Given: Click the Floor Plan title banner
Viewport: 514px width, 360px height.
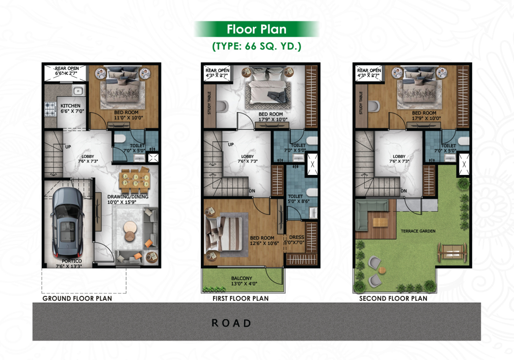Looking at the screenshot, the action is (x=257, y=29).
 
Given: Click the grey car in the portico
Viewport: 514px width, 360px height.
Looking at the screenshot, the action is (x=67, y=223).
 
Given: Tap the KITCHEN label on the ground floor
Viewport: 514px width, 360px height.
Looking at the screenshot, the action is (x=71, y=106).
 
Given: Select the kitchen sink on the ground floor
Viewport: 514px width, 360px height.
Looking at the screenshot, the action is (x=78, y=91).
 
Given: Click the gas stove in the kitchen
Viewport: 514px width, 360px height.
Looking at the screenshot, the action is (x=50, y=109).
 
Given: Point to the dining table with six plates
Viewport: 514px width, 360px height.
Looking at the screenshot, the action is (x=135, y=180).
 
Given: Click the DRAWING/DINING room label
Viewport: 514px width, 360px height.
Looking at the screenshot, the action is (x=128, y=197).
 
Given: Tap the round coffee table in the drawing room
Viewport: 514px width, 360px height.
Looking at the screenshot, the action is (x=130, y=231).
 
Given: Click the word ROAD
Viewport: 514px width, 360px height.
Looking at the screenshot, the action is (x=231, y=323).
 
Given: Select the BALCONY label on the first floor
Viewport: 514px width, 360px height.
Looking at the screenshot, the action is (x=242, y=278).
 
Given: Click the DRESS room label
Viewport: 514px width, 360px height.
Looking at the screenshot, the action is (x=297, y=237).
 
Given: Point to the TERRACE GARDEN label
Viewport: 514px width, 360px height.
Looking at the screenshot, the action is (x=418, y=231).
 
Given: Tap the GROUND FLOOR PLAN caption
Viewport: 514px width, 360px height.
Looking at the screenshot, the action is (x=77, y=298).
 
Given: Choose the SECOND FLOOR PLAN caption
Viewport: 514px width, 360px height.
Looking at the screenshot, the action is (x=393, y=298).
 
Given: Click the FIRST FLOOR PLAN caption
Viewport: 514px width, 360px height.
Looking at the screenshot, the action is (x=241, y=298).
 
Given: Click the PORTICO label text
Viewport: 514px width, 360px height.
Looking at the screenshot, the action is (x=72, y=261).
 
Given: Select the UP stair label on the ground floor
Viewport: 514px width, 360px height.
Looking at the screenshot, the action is (x=68, y=147).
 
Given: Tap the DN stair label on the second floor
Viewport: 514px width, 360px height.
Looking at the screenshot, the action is (x=404, y=191).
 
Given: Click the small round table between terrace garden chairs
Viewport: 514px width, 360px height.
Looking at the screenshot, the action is (x=382, y=271).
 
